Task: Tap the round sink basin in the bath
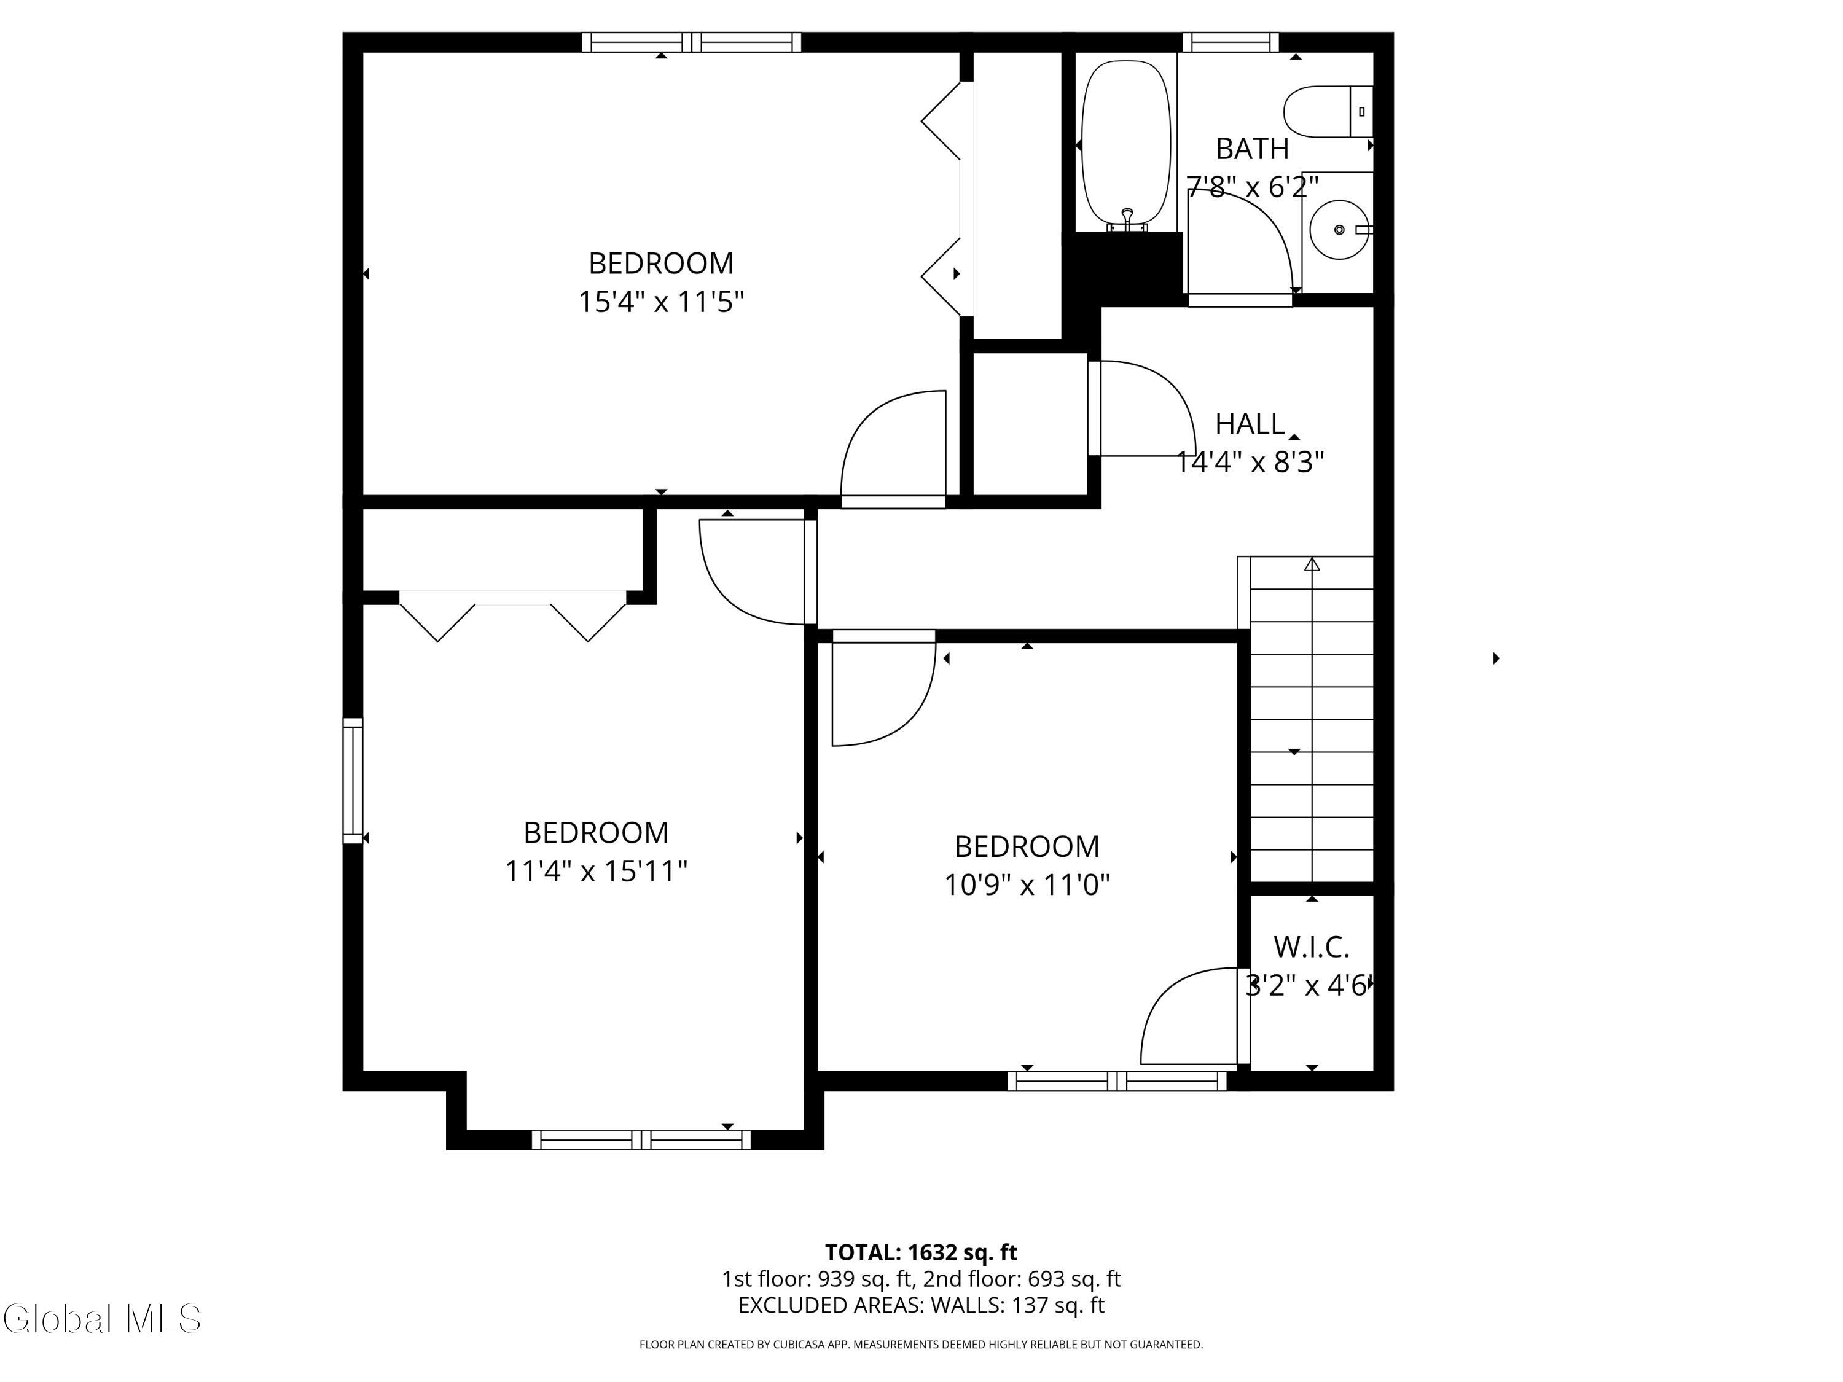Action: coord(1338,229)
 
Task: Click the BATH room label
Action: coord(1251,149)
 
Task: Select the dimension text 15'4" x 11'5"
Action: coord(660,302)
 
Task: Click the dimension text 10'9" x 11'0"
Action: coord(1027,884)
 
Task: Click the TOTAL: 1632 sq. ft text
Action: coord(921,1252)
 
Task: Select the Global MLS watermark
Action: coord(101,1319)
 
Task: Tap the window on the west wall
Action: coord(353,781)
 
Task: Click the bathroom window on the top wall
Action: coord(1231,42)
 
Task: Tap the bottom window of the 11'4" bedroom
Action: coord(641,1139)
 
